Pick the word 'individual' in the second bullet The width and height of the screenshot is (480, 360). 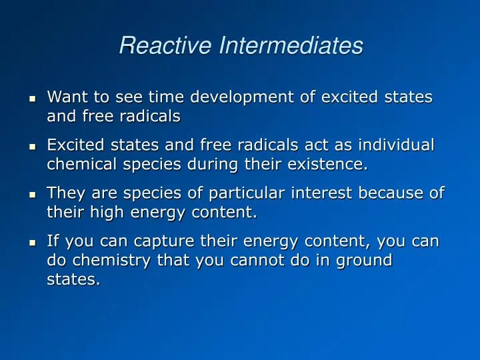399,145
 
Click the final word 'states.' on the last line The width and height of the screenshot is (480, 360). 73,279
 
